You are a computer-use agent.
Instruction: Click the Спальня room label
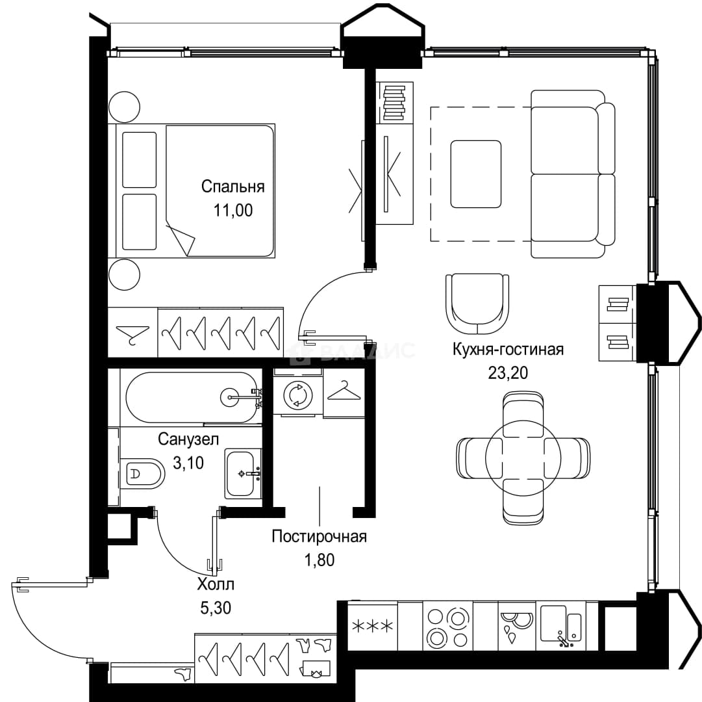232,187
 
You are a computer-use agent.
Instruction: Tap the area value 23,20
508,372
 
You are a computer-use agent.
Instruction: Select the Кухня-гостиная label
508,349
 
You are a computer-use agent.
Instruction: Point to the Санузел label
188,439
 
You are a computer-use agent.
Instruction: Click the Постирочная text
320,536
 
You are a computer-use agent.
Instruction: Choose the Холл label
216,584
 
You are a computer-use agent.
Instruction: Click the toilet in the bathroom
142,474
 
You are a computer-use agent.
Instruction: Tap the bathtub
192,397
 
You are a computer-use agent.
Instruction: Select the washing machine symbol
297,395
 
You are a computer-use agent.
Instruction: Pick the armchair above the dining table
477,304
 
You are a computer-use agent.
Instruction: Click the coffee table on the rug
476,174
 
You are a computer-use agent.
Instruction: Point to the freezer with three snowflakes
373,625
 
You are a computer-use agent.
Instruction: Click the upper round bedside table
125,107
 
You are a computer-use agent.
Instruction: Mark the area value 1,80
320,560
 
